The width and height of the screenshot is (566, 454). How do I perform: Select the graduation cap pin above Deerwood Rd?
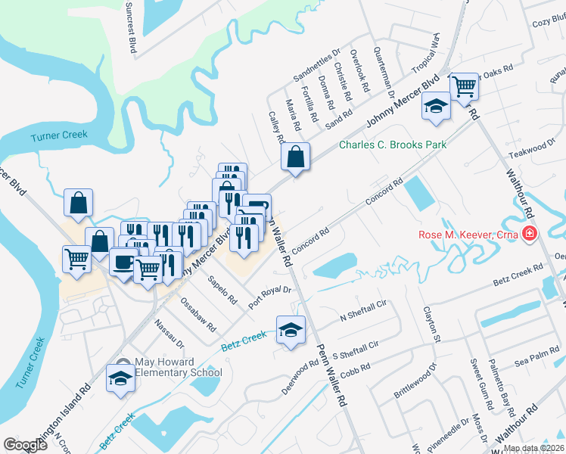[291, 331]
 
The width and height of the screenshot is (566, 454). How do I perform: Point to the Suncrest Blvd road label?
[134, 31]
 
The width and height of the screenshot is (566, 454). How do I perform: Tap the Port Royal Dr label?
[269, 293]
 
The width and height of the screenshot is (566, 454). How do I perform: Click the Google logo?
[25, 445]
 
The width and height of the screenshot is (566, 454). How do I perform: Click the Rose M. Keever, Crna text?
[468, 234]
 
